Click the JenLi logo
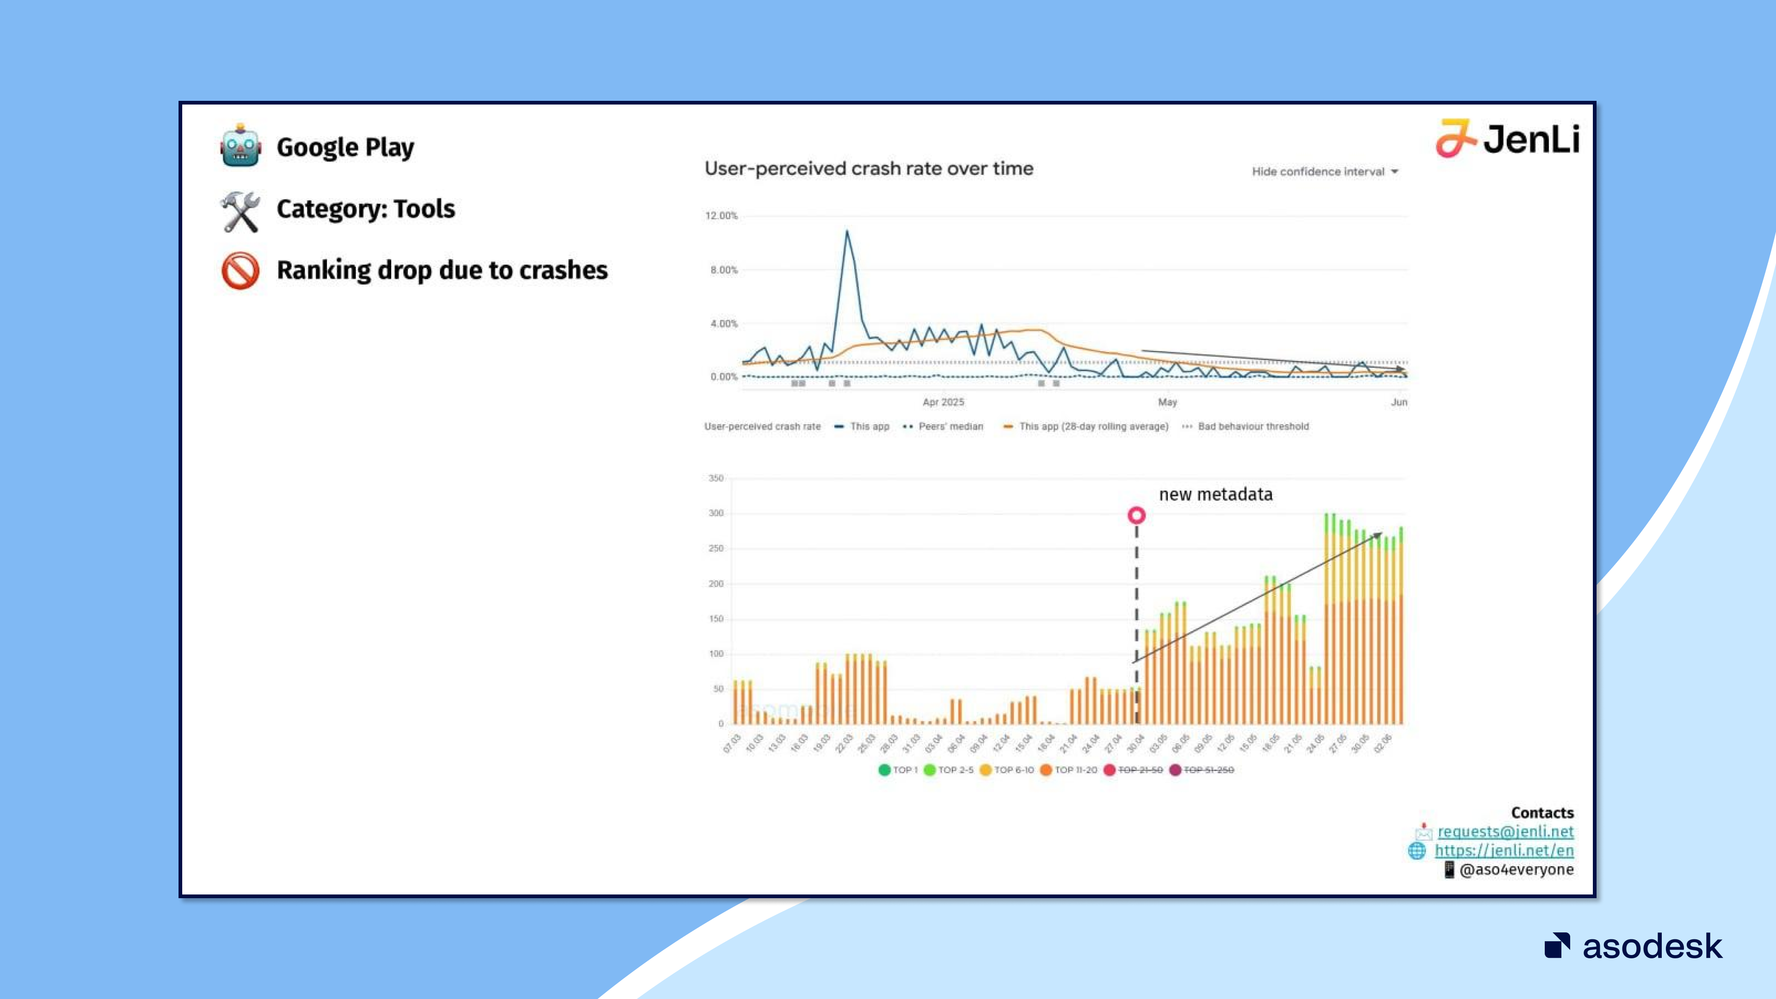point(1507,139)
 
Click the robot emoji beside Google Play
point(240,146)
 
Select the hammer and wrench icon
point(240,210)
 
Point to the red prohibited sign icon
point(240,270)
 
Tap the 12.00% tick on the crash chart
point(721,216)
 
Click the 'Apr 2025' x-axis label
point(943,402)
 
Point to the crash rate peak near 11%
point(847,232)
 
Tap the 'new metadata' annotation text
point(1215,494)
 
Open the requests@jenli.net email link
point(1505,832)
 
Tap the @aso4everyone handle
point(1516,870)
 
